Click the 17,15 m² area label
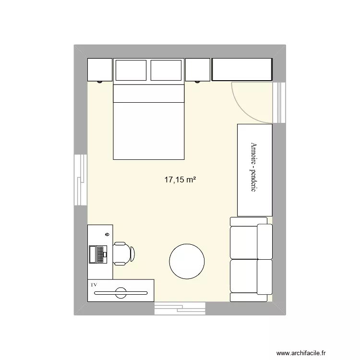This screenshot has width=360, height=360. [x=180, y=180]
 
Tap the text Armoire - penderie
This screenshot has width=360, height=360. [x=254, y=168]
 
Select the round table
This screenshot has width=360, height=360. [x=187, y=261]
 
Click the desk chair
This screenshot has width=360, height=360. [x=123, y=253]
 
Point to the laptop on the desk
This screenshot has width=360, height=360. [x=97, y=254]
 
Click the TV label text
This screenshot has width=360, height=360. [x=94, y=285]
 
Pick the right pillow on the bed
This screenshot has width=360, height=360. [x=167, y=70]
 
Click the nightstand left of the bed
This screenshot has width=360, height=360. [x=100, y=70]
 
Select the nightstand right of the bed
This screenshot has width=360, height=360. [x=198, y=70]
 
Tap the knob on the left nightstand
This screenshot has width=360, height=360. [x=100, y=82]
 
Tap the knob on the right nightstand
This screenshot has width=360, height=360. [x=198, y=82]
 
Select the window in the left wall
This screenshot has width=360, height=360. [x=81, y=180]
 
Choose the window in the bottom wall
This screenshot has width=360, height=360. [x=180, y=308]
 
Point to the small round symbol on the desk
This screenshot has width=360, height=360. [x=107, y=234]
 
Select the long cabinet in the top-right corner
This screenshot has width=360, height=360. [x=242, y=70]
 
